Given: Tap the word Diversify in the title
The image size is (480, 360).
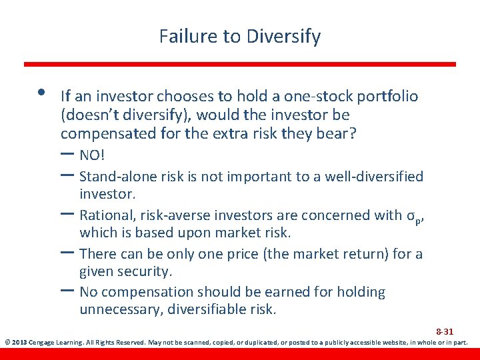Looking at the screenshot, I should (284, 37).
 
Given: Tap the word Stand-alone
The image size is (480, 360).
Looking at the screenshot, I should (115, 177).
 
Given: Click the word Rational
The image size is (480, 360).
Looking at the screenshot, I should (106, 215).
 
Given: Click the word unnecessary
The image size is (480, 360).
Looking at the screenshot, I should (122, 310).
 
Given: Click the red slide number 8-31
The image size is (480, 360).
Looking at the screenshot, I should (445, 331).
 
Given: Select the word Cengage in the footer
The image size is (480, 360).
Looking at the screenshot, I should (41, 343).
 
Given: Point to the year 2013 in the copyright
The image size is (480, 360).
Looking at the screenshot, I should (18, 343).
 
